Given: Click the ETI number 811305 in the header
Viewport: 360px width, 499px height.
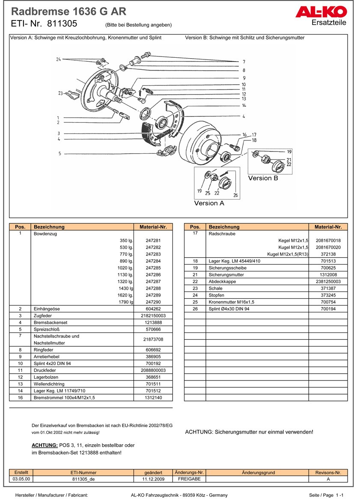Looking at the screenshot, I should (62, 24).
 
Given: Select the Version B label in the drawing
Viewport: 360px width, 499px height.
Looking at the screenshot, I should (263, 178).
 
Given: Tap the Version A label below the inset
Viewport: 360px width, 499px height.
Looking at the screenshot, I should (209, 203).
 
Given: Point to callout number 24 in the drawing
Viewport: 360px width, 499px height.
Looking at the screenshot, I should (59, 59).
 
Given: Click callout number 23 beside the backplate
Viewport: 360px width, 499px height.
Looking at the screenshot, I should (60, 93).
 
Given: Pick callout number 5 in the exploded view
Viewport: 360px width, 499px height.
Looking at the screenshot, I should (60, 153).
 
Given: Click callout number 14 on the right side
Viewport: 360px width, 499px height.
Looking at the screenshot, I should (244, 105).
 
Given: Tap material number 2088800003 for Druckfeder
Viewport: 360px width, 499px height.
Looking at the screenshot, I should (153, 370).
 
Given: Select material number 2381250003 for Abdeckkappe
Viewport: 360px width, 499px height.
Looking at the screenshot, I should (328, 282).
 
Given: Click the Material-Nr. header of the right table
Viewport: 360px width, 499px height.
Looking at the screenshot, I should (328, 227).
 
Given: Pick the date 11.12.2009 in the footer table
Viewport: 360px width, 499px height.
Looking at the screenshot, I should (153, 479).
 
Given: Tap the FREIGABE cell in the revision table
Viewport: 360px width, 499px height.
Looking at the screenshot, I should (189, 479).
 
